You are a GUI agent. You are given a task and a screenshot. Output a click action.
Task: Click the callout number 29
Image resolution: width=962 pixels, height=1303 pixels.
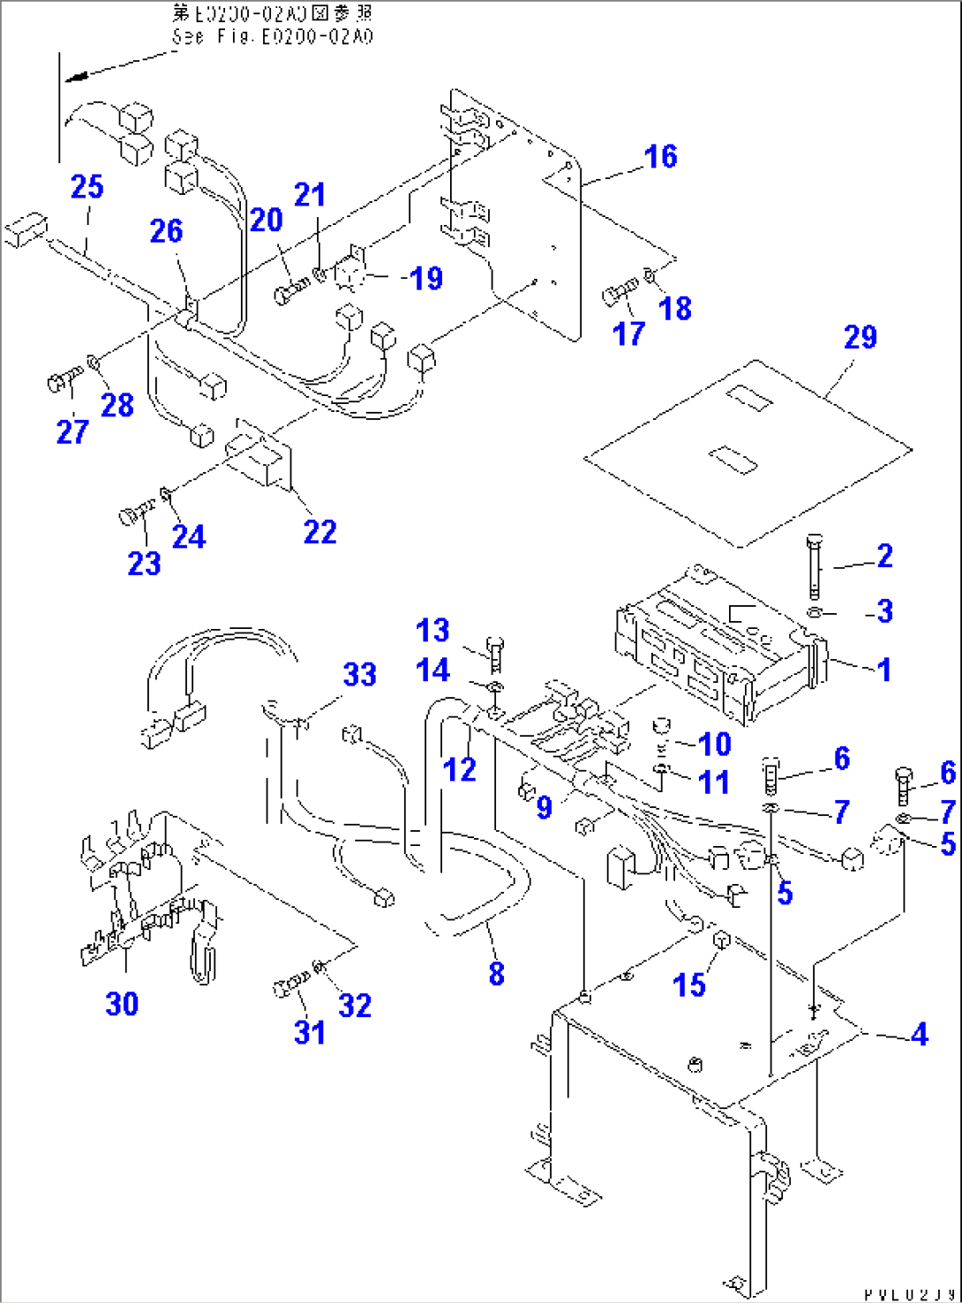tap(860, 337)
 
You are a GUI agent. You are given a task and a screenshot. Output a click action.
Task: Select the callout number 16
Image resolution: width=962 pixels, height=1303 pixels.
tap(660, 157)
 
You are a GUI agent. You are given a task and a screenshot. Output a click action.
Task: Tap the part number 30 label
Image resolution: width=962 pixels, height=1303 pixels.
tap(122, 1003)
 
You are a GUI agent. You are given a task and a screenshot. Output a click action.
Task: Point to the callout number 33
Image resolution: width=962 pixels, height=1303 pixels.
tap(360, 675)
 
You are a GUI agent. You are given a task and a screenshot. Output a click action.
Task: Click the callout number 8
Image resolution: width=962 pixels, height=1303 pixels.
tap(497, 973)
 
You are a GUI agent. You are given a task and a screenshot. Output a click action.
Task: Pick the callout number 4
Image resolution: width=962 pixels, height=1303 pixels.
tap(919, 1034)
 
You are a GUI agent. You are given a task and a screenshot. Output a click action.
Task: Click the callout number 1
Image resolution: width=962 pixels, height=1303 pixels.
tap(883, 670)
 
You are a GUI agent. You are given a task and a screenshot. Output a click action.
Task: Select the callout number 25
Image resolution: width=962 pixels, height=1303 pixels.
tap(86, 187)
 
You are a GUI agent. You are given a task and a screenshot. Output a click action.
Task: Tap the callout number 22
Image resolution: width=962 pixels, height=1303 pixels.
tap(319, 532)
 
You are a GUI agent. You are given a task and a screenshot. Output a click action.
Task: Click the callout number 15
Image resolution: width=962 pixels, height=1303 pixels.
tap(689, 985)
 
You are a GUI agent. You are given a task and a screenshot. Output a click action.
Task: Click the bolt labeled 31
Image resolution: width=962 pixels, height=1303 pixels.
tap(292, 985)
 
